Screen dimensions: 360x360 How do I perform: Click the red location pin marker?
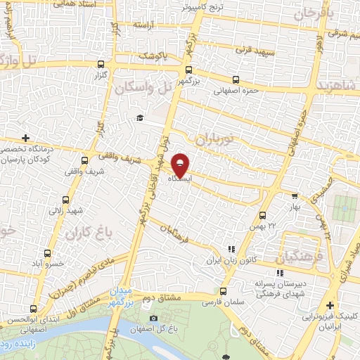181,165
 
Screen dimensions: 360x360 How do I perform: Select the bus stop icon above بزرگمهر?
188,70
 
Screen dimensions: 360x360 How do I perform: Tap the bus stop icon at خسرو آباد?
47,253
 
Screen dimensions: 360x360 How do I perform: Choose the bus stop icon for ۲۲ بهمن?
262,215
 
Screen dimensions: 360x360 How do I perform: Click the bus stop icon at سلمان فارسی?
224,290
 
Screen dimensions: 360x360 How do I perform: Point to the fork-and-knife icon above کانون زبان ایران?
231,249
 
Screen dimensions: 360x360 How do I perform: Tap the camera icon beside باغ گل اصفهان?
153,319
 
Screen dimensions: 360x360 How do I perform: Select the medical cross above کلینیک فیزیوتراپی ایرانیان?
329,305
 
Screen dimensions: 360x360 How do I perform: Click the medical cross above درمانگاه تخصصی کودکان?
26,138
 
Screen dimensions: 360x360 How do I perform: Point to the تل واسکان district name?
146,87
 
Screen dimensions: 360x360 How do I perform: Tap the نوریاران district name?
218,139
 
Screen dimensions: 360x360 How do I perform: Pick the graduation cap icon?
140,117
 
